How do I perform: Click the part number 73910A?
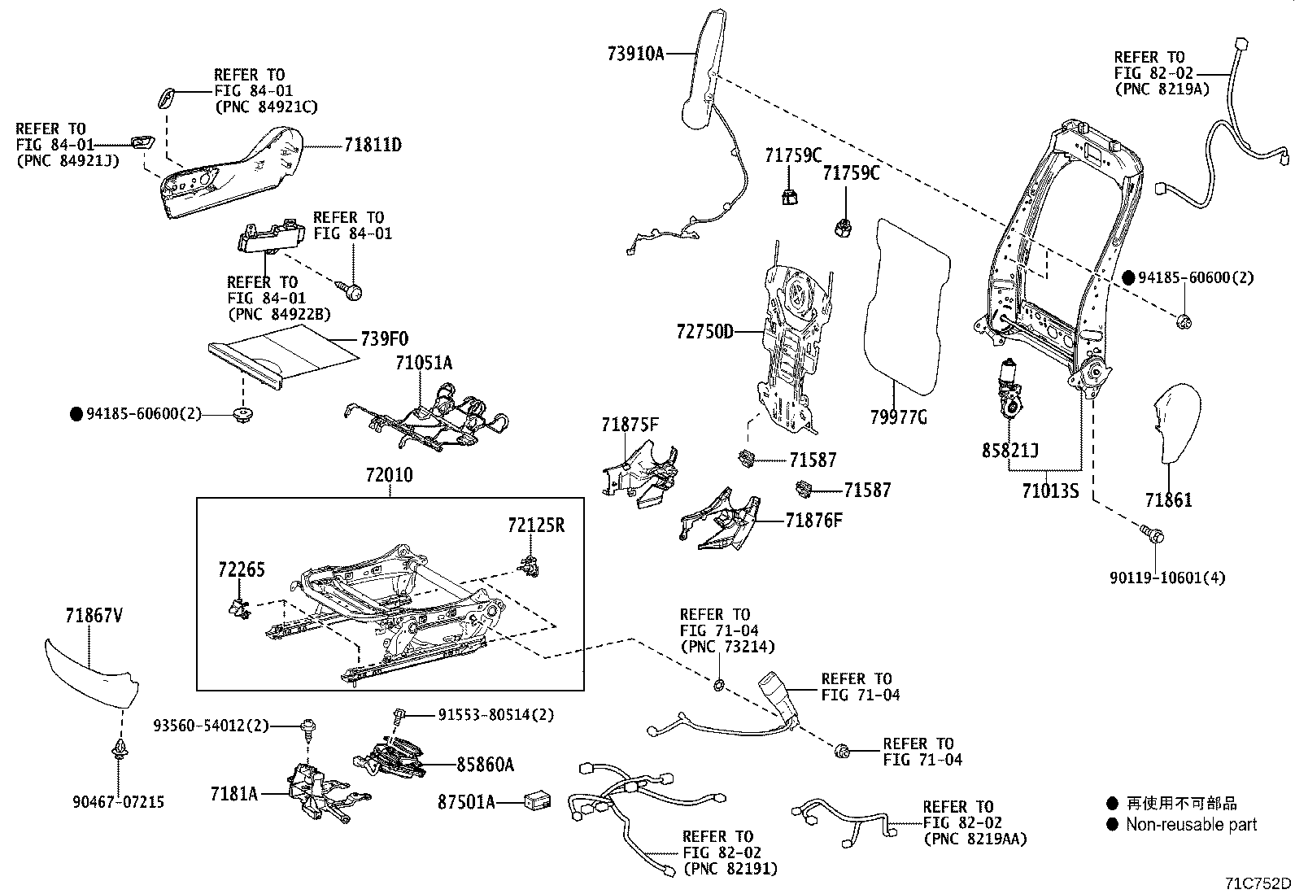tap(635, 55)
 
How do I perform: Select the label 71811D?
tap(373, 146)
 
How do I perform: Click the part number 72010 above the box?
tap(389, 475)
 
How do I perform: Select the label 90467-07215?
tap(118, 802)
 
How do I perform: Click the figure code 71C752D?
tap(1259, 883)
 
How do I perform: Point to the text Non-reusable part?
tap(1191, 825)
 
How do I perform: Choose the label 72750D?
tap(704, 332)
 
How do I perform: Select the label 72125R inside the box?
tap(535, 525)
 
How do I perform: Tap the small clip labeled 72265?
tap(238, 607)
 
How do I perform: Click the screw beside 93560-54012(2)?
tap(310, 726)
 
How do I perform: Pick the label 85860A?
tap(485, 765)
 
